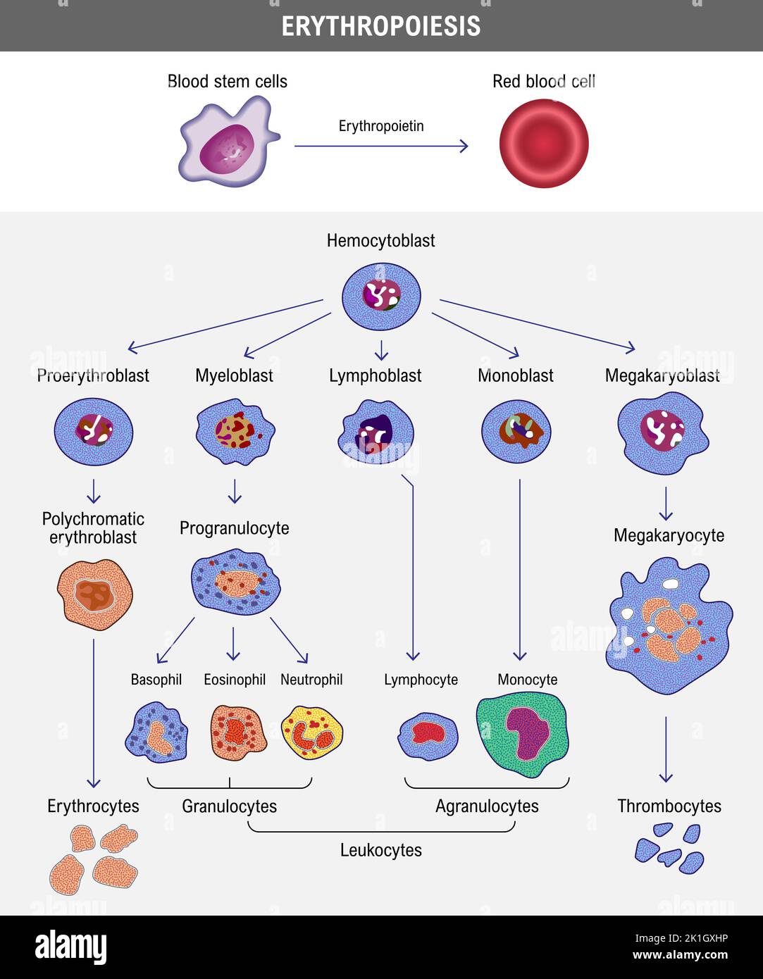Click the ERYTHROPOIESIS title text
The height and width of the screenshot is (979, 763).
tap(381, 26)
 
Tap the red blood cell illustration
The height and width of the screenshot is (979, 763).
tap(544, 144)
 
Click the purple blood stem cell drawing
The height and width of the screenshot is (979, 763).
tap(227, 144)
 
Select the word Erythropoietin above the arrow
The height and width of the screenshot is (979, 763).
tap(381, 126)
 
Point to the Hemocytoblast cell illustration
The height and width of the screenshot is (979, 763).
tap(381, 297)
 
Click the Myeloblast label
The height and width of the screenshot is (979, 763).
tap(234, 375)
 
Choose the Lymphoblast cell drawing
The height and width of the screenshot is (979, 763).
tap(376, 432)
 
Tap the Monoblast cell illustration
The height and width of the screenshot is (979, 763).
tap(516, 432)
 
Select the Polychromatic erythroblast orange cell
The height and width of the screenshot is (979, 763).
tap(94, 594)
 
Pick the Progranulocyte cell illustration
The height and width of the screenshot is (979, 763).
tap(235, 582)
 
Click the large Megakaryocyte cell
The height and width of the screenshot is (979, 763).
tap(667, 625)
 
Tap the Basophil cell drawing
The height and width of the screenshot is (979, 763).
tap(156, 732)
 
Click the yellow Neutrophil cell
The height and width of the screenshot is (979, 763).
tap(312, 733)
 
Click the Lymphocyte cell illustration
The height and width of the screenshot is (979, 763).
tap(428, 736)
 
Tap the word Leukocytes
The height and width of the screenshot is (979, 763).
tap(381, 850)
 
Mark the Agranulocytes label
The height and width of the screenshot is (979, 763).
tap(487, 806)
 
